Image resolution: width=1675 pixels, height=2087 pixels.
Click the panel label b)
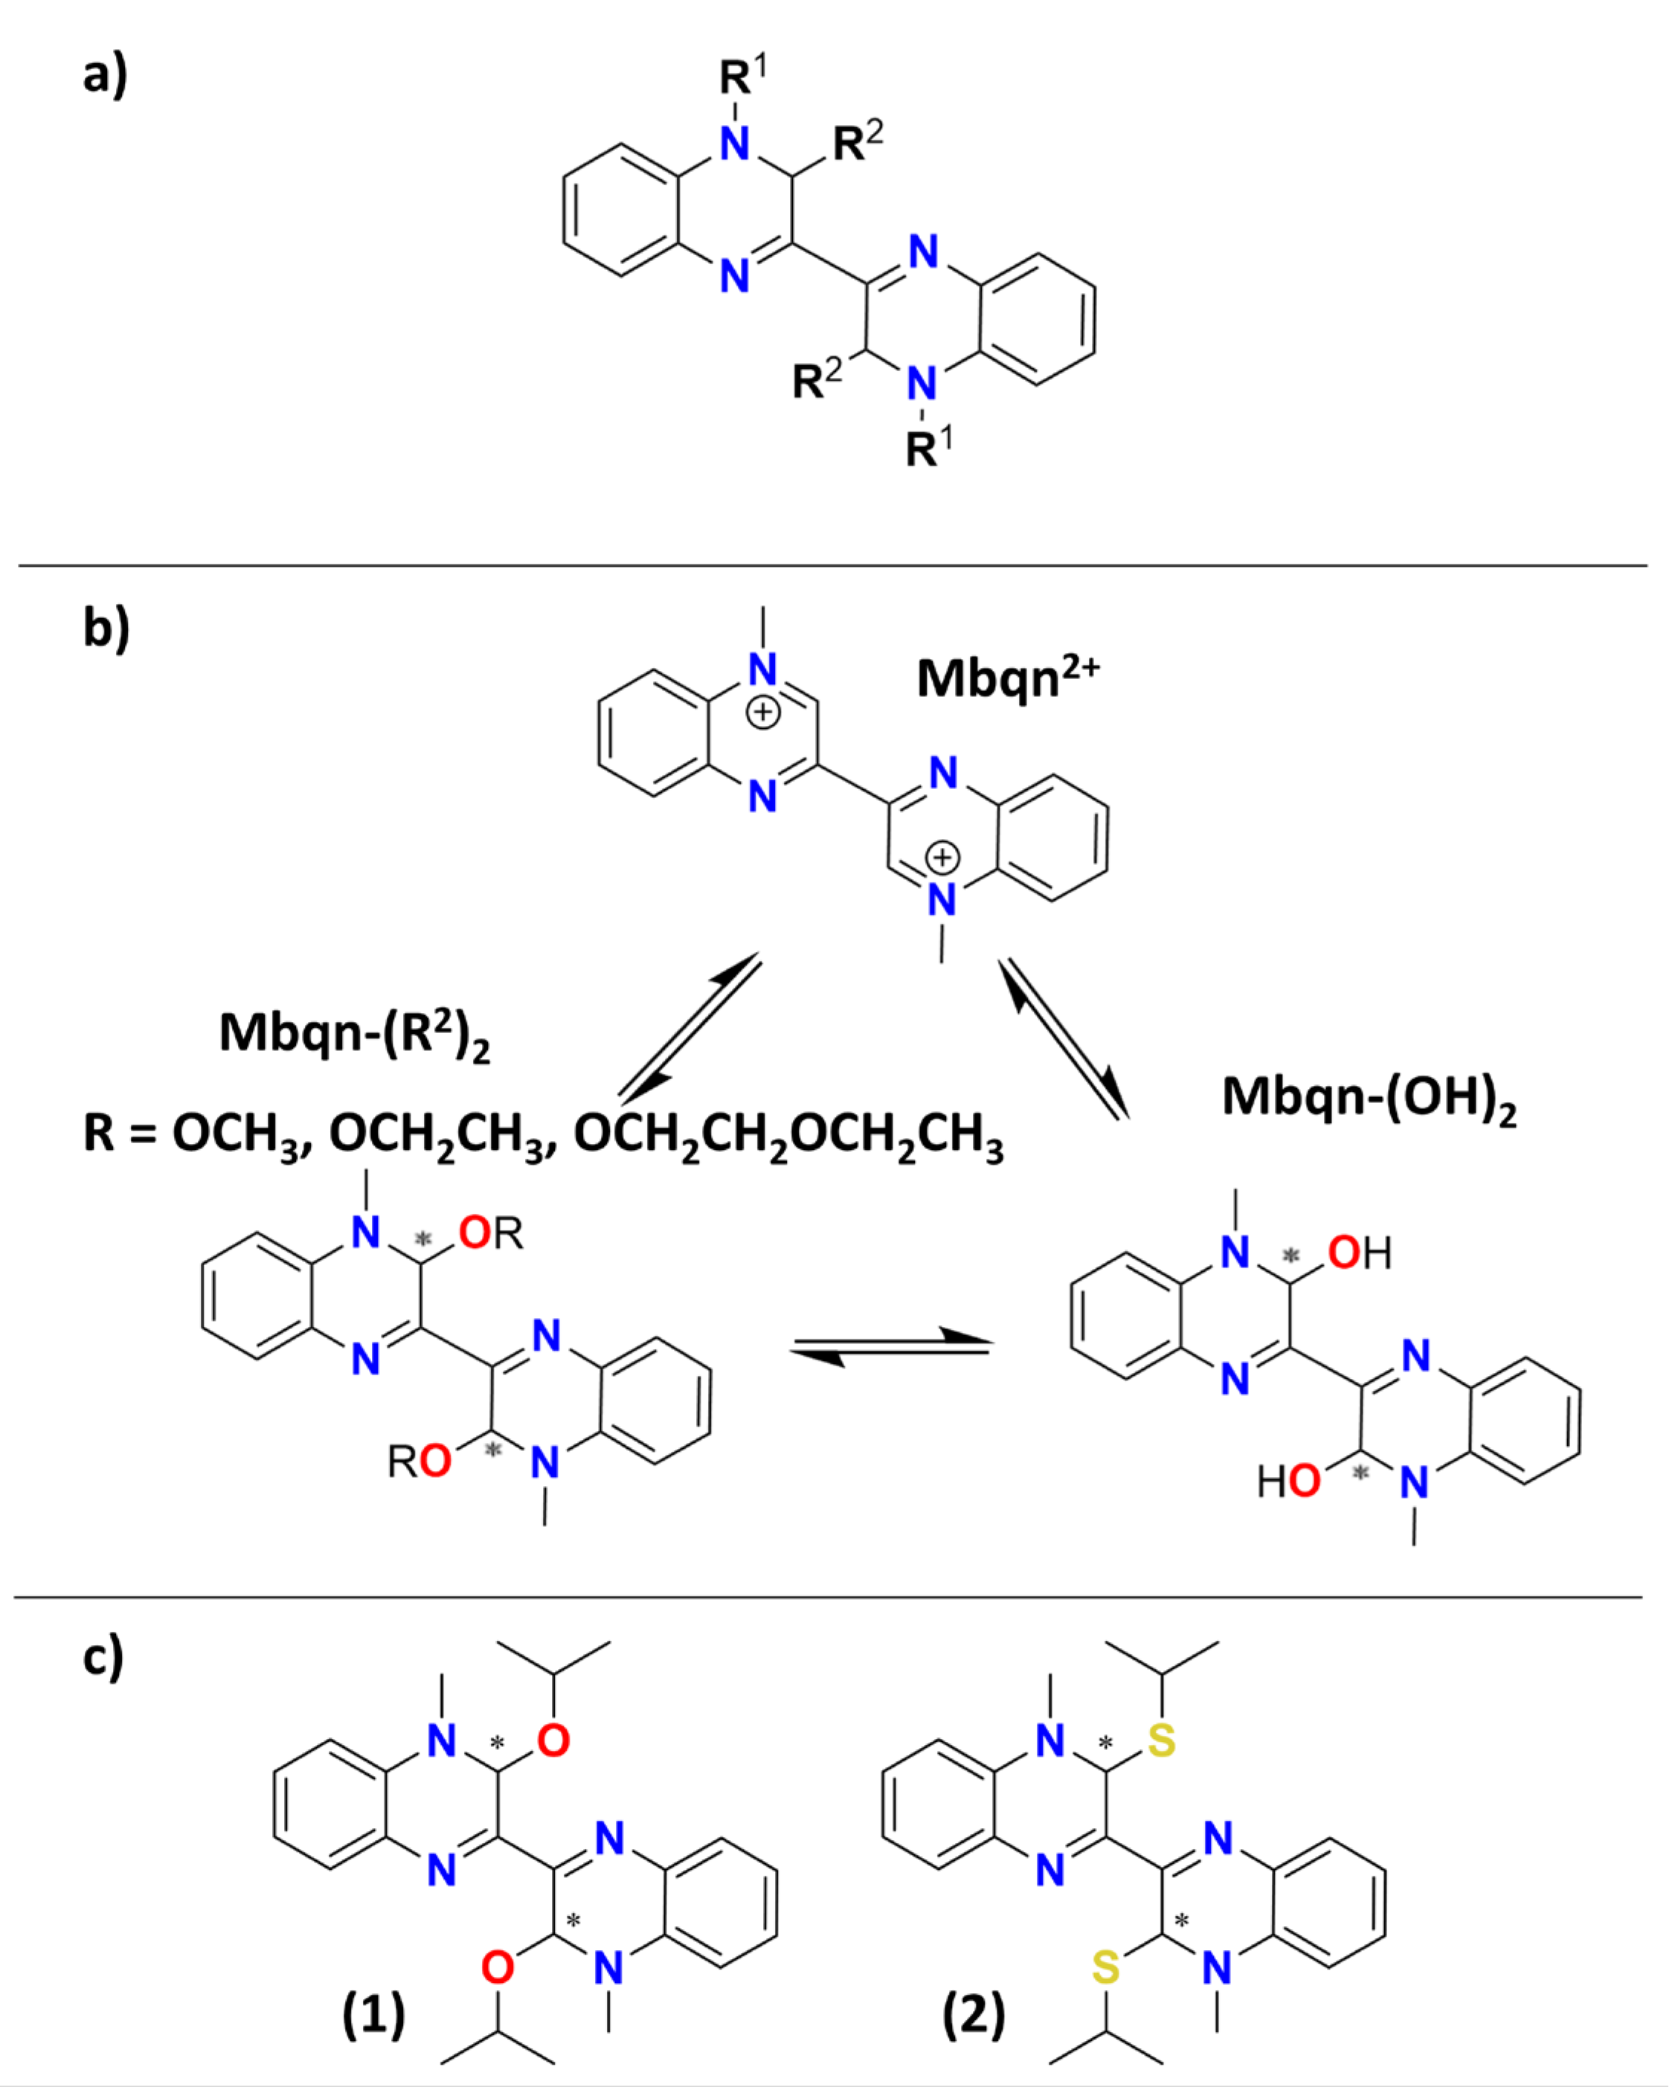tap(106, 628)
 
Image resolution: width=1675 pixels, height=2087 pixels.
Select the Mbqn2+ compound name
tap(1007, 677)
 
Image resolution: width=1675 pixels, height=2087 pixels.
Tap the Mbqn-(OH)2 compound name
tap(1368, 1099)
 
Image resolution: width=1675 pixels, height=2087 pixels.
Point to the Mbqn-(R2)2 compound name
tap(354, 1034)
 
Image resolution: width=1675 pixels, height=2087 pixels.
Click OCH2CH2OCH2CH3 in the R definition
tap(788, 1134)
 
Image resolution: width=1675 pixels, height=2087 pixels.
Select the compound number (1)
tap(373, 2016)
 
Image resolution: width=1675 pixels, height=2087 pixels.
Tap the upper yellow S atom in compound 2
tap(1161, 1741)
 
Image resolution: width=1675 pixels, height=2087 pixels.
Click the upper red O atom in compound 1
tap(553, 1741)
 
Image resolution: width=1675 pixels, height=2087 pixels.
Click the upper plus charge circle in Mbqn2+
tap(763, 713)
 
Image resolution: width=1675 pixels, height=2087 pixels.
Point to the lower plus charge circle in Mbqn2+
tap(942, 858)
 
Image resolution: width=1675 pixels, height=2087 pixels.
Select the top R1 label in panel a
tap(742, 76)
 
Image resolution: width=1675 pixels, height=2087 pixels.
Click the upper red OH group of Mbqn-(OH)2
tap(1358, 1253)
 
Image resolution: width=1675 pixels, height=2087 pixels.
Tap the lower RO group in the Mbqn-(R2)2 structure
tap(419, 1461)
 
